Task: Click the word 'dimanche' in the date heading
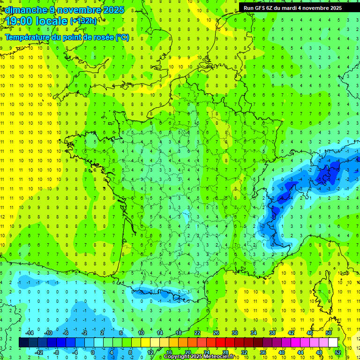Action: click(23, 9)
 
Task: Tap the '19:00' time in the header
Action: click(20, 21)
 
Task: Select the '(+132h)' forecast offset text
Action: click(83, 21)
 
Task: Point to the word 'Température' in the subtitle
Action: click(29, 37)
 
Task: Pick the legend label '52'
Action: click(337, 352)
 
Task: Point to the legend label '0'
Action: click(92, 352)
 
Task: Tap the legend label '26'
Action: click(216, 333)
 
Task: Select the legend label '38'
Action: click(272, 333)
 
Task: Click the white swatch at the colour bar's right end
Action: click(333, 343)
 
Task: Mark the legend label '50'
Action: click(328, 333)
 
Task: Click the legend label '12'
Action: click(150, 352)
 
